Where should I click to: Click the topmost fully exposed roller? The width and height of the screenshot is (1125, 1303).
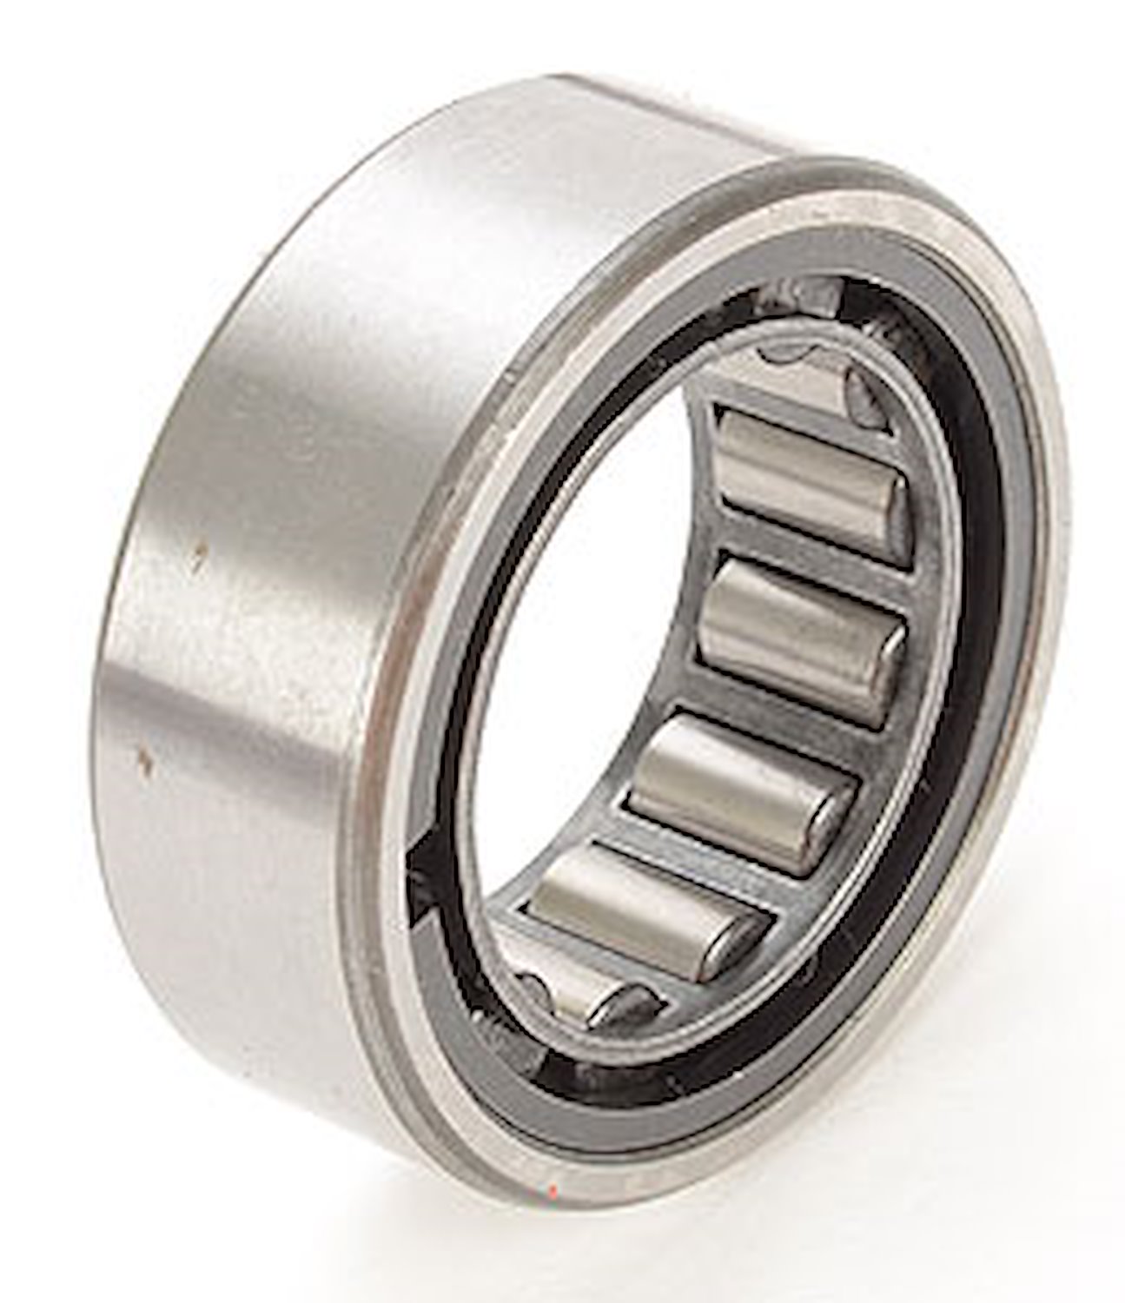[x=813, y=484]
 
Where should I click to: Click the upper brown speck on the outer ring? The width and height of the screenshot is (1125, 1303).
[x=202, y=549]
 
